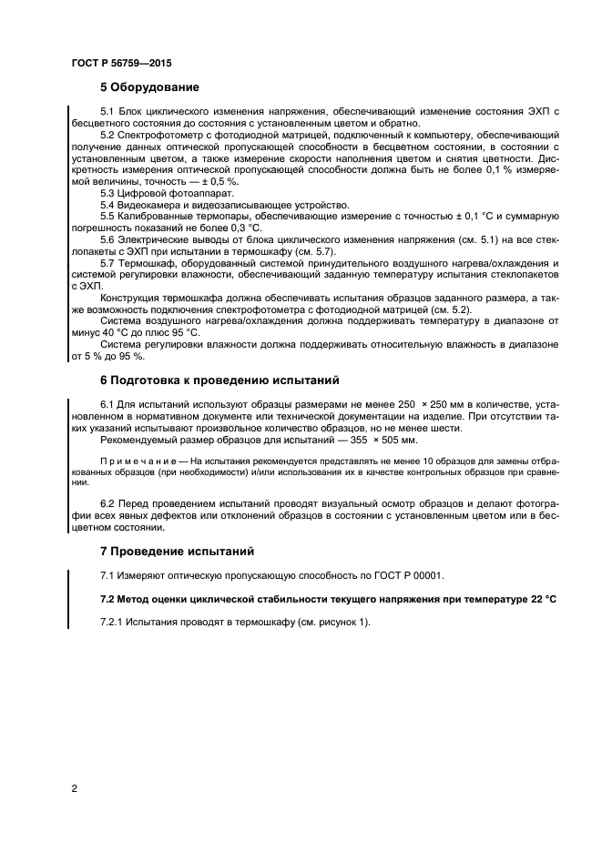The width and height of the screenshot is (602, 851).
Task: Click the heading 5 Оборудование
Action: (149, 88)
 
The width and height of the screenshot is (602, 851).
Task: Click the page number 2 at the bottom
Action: (74, 789)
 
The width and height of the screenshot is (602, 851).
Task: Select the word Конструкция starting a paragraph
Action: (135, 300)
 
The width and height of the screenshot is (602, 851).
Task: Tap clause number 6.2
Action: (107, 503)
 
